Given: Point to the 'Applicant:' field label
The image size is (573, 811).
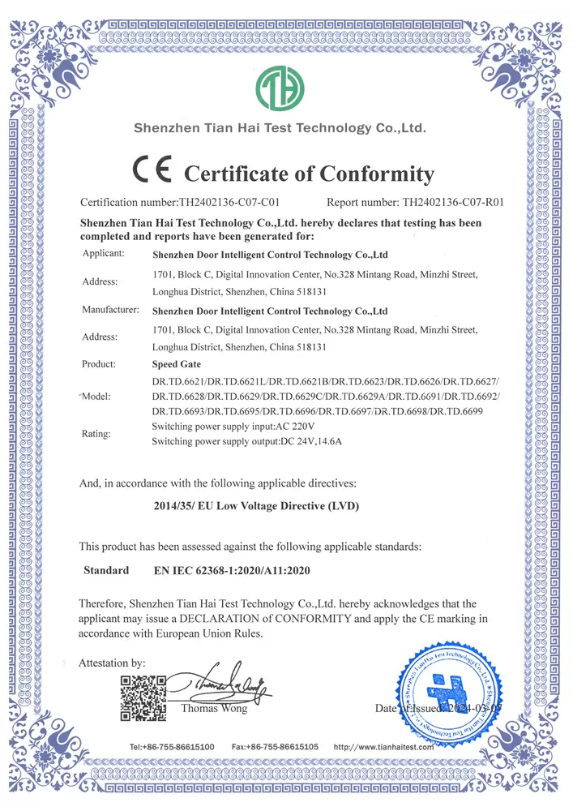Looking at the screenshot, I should point(103,255).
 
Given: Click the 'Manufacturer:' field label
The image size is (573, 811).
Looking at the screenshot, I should point(110,310).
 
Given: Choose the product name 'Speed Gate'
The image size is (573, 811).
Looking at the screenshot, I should point(177,365).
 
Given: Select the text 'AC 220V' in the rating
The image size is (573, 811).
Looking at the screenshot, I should point(296,427).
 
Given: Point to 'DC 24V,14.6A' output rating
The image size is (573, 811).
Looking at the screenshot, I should point(311,441).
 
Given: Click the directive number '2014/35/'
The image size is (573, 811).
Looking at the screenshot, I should point(177,506).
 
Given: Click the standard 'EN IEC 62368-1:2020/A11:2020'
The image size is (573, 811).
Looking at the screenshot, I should point(232,571).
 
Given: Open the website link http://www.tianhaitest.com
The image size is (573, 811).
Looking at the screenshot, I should point(385,746).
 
